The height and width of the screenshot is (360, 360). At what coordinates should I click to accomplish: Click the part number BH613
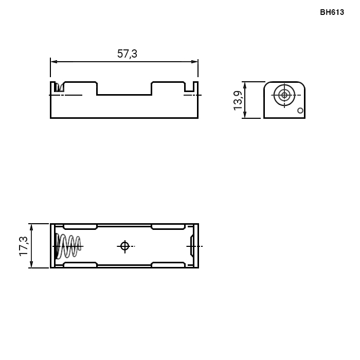pos(332,12)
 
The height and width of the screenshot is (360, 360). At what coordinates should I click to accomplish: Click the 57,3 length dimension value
pos(127,53)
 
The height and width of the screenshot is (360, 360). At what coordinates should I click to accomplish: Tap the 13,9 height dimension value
pos(238,101)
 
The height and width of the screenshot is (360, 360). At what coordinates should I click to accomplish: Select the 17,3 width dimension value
pos(24,246)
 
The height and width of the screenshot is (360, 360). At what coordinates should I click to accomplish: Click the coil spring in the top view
pos(68,246)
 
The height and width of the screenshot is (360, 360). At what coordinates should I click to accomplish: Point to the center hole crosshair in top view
pos(125,246)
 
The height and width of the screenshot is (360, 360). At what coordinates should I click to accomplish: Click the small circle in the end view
pos(300,111)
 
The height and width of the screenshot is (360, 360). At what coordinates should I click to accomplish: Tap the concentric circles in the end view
pos(284,95)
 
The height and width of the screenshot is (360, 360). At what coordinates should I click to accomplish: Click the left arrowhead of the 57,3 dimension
pos(54,62)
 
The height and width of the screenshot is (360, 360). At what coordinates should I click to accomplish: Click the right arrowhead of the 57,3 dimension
pos(194,62)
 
